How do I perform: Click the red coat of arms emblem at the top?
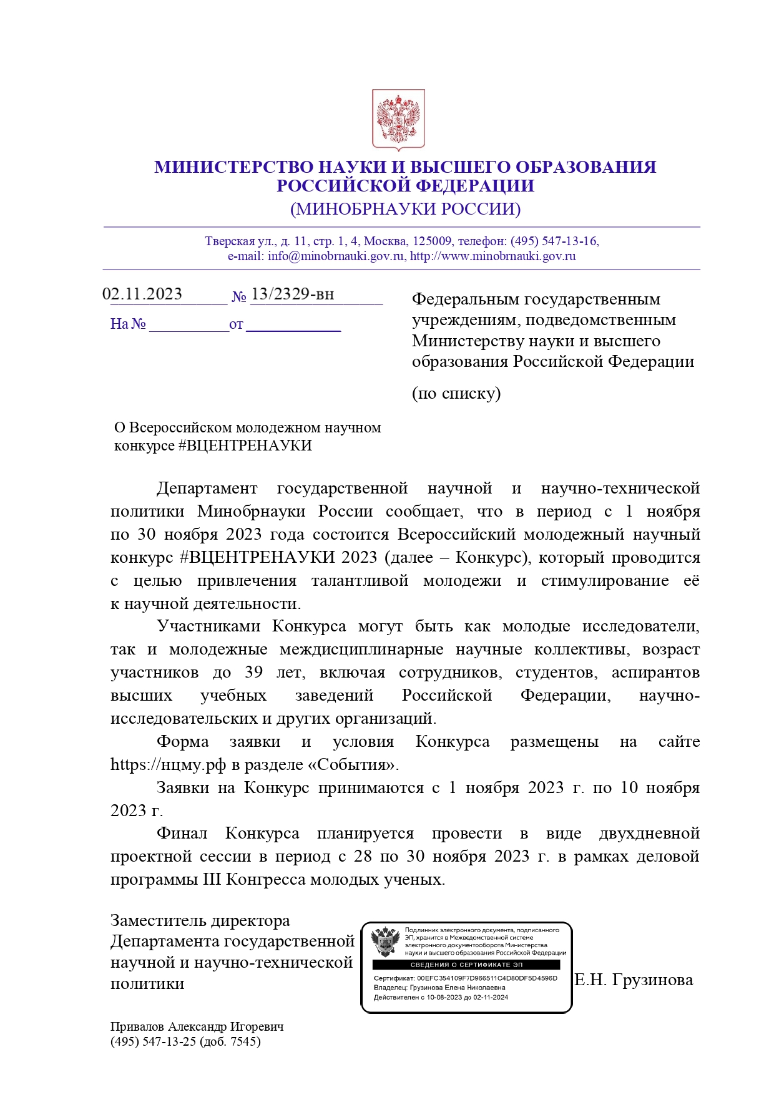(x=398, y=119)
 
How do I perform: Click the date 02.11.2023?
(x=142, y=294)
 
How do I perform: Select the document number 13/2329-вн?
(x=292, y=294)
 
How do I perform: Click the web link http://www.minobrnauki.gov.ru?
(x=492, y=256)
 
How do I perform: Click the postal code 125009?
(x=433, y=241)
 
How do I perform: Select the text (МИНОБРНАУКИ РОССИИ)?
(x=405, y=208)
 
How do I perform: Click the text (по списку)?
(x=456, y=393)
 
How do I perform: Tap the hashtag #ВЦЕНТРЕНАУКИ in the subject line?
(x=245, y=445)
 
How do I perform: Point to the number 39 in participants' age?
(x=253, y=672)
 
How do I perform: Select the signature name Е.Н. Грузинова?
(x=634, y=980)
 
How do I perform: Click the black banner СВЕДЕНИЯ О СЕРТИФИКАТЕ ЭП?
(x=466, y=965)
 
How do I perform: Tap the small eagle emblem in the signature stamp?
(x=385, y=942)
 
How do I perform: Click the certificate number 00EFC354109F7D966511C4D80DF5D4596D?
(x=487, y=978)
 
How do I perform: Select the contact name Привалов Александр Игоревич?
(x=197, y=1026)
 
